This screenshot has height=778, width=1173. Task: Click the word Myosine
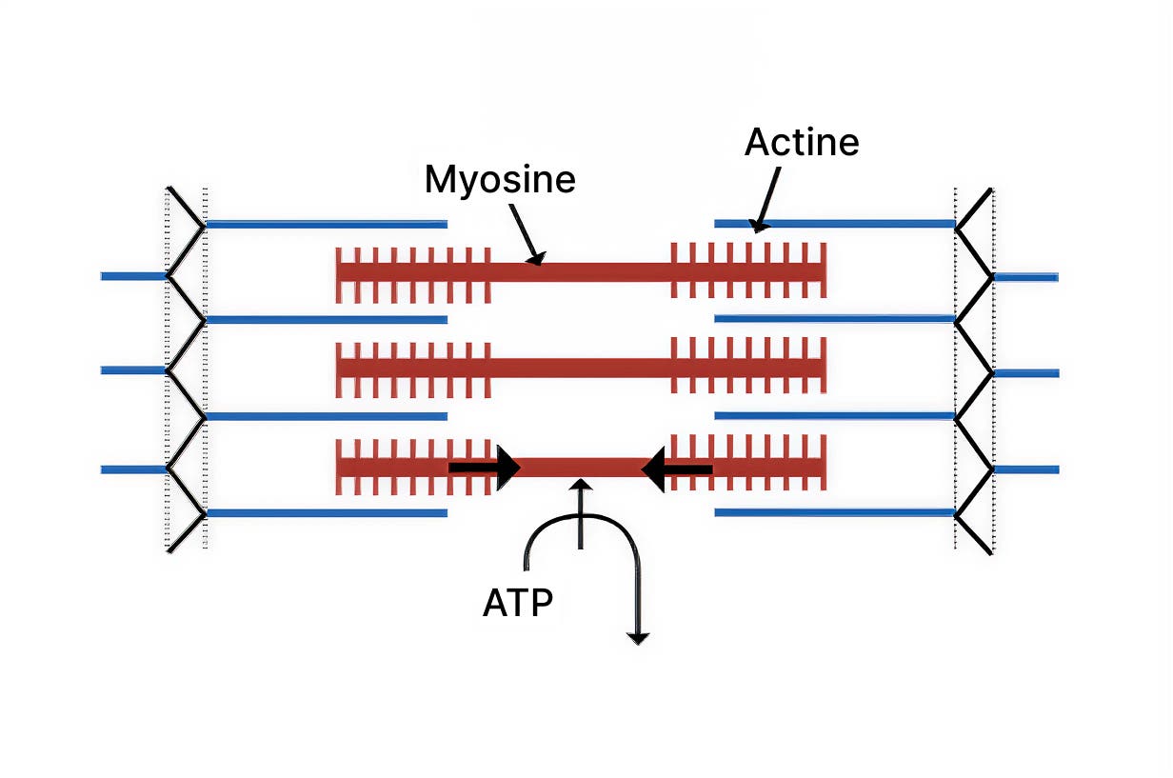[x=500, y=179]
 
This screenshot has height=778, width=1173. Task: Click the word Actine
[x=802, y=142]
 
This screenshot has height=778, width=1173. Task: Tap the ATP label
[x=518, y=603]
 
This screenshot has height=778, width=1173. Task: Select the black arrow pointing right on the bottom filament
[x=485, y=468]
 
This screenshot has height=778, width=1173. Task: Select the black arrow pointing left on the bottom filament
[x=677, y=469]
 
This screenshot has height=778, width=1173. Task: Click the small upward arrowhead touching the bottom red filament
[x=580, y=487]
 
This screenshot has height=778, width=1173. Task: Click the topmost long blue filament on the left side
[x=326, y=225]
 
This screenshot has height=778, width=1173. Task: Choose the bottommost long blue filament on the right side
[x=834, y=512]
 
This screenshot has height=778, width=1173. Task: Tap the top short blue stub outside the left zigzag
[x=133, y=276]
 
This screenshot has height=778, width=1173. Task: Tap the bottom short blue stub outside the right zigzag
[x=1025, y=469]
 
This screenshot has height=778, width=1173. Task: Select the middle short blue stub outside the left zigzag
[x=133, y=369]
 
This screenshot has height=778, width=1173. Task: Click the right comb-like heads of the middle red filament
[x=748, y=367]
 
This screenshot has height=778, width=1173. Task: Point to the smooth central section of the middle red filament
[x=581, y=367]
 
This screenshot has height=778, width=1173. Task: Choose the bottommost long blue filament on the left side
[x=326, y=513]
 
